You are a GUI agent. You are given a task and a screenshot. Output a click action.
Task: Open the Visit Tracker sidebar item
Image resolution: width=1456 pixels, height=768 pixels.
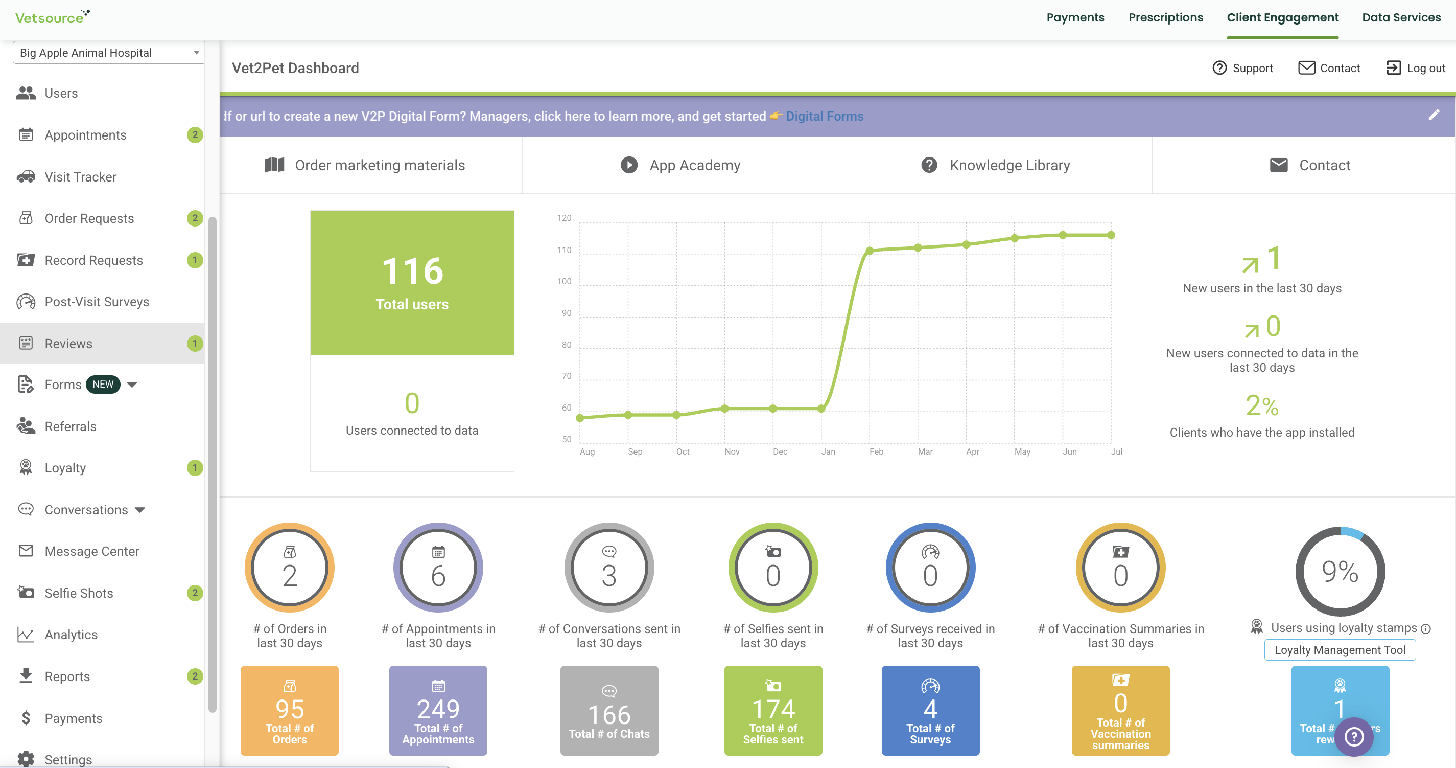(80, 177)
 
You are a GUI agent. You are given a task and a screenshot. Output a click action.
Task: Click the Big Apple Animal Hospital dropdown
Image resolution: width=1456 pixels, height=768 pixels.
(108, 53)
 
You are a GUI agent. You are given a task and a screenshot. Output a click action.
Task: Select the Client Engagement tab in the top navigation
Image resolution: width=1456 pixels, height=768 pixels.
(1282, 17)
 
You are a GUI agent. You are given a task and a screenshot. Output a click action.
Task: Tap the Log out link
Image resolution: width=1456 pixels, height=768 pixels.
(1416, 68)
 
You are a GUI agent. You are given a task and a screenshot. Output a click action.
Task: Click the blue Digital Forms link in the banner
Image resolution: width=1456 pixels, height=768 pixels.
(825, 116)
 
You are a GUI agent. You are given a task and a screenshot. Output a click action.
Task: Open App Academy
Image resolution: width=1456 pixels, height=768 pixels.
(680, 165)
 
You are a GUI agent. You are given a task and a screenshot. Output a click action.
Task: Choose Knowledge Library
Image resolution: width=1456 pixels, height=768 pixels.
(995, 165)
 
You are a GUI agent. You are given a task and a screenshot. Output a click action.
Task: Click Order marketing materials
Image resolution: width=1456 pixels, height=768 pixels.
(365, 165)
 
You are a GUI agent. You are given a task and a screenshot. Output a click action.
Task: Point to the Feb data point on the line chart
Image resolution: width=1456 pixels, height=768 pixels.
(870, 251)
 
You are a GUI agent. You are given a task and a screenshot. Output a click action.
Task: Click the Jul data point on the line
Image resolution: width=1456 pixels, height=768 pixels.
(1111, 235)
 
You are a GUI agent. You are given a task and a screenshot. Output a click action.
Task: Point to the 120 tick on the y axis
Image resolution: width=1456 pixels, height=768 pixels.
(564, 218)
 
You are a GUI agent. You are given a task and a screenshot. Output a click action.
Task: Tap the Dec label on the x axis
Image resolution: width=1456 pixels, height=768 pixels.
(780, 451)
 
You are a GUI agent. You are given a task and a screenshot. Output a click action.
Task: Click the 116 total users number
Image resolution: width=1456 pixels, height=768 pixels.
(412, 271)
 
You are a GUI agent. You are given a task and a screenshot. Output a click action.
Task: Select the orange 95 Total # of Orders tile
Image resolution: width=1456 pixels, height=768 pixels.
(289, 710)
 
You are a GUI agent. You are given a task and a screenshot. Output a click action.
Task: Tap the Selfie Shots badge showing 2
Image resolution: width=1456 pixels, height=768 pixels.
(195, 593)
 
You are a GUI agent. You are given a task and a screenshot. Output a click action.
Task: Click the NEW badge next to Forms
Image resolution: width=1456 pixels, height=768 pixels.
(103, 385)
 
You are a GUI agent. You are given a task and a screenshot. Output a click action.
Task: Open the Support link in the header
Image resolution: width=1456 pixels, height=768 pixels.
(1242, 68)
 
